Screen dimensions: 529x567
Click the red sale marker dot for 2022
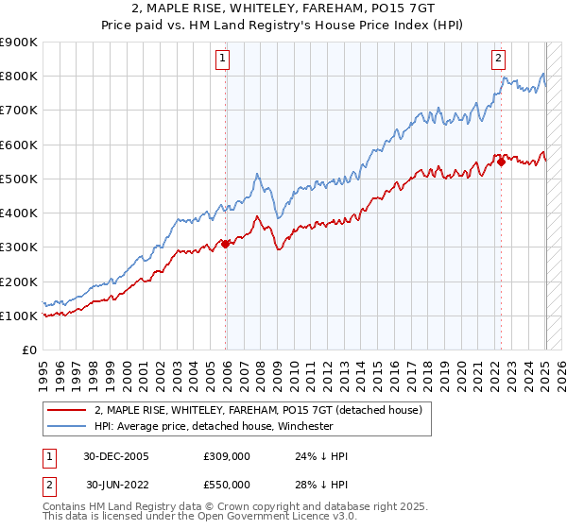tap(501, 162)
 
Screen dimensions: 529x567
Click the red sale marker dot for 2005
tap(226, 244)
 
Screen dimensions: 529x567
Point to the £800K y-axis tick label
tap(18, 77)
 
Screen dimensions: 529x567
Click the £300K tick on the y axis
tap(18, 247)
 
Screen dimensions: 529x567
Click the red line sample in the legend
tap(67, 409)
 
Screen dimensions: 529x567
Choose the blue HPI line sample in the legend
tap(67, 426)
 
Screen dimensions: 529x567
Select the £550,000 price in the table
tap(227, 485)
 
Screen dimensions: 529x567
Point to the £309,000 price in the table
tap(227, 456)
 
